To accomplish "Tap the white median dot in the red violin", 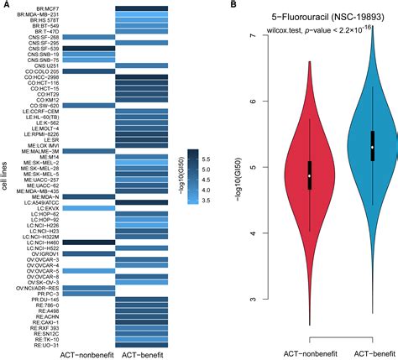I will pos(309,175).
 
